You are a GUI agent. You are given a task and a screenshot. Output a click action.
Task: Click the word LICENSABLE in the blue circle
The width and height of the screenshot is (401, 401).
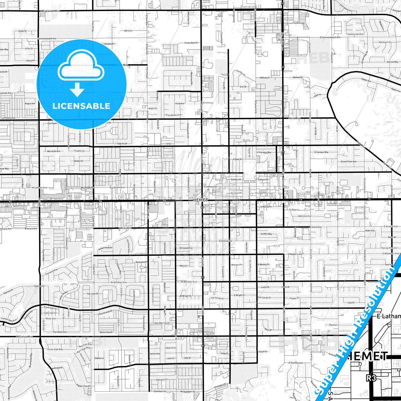[x=81, y=106]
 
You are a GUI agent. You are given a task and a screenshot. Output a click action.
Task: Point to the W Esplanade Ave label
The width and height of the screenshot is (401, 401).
[x=50, y=11]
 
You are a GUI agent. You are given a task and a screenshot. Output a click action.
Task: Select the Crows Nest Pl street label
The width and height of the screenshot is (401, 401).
[x=191, y=43]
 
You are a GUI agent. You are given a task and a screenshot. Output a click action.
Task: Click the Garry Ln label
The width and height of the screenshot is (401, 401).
[x=128, y=31]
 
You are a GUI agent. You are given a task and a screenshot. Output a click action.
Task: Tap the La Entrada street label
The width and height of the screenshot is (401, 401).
[x=299, y=23]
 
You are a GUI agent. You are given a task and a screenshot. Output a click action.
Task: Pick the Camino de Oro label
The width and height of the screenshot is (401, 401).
[x=355, y=34]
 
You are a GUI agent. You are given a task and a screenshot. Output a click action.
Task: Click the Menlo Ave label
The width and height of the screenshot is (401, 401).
[x=294, y=118]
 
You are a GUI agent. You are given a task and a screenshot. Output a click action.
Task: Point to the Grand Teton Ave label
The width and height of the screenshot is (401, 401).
[x=349, y=162]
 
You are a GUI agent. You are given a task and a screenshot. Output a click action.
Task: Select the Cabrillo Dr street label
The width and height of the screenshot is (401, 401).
[x=122, y=144]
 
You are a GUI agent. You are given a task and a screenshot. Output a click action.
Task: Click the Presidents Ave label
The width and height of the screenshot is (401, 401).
[x=173, y=115]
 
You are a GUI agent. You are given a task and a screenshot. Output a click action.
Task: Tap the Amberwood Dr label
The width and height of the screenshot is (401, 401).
[x=105, y=248]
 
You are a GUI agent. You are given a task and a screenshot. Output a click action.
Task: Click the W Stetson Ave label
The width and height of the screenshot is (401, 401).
[x=24, y=337]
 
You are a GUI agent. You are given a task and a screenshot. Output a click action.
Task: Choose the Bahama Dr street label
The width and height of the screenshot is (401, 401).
[x=162, y=380]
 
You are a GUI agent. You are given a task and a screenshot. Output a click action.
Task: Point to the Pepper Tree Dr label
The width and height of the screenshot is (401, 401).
[x=83, y=386]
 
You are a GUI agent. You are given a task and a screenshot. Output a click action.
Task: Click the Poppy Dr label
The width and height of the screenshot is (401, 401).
[x=294, y=298]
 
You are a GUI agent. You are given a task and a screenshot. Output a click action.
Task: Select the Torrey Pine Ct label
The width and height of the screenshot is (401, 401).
[x=389, y=248]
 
